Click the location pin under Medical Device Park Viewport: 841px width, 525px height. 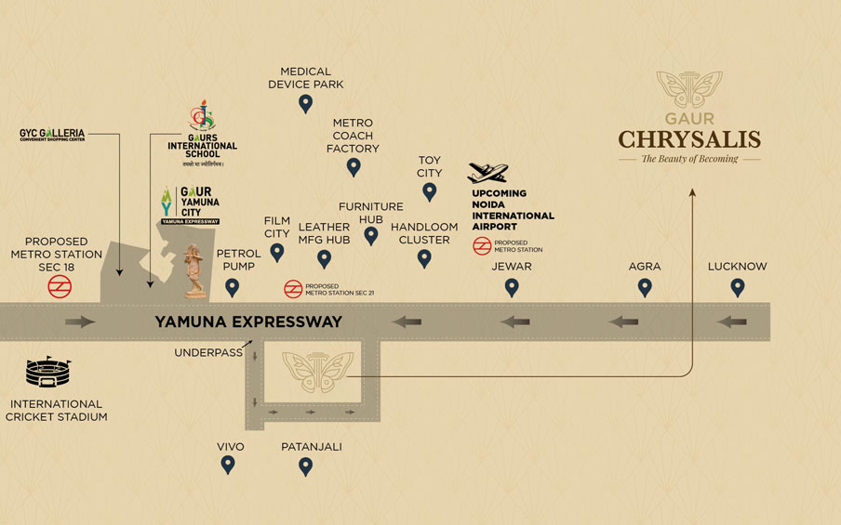(305, 103)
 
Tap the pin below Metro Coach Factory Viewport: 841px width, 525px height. (354, 167)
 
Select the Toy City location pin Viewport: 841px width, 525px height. (429, 191)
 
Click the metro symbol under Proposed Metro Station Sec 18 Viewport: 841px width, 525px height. (60, 286)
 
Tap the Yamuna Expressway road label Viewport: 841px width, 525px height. (247, 322)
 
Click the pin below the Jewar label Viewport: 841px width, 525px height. (512, 287)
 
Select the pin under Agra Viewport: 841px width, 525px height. (645, 287)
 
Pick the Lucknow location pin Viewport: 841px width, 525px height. (738, 287)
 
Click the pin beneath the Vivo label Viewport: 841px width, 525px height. (229, 466)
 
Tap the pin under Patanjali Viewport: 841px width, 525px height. (305, 466)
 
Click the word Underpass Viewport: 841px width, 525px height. (208, 353)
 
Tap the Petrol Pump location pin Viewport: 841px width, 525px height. (233, 287)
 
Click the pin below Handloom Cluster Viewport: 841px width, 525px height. (424, 258)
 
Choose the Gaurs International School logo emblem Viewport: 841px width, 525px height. (202, 116)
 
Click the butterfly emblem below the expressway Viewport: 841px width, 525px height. (318, 370)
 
